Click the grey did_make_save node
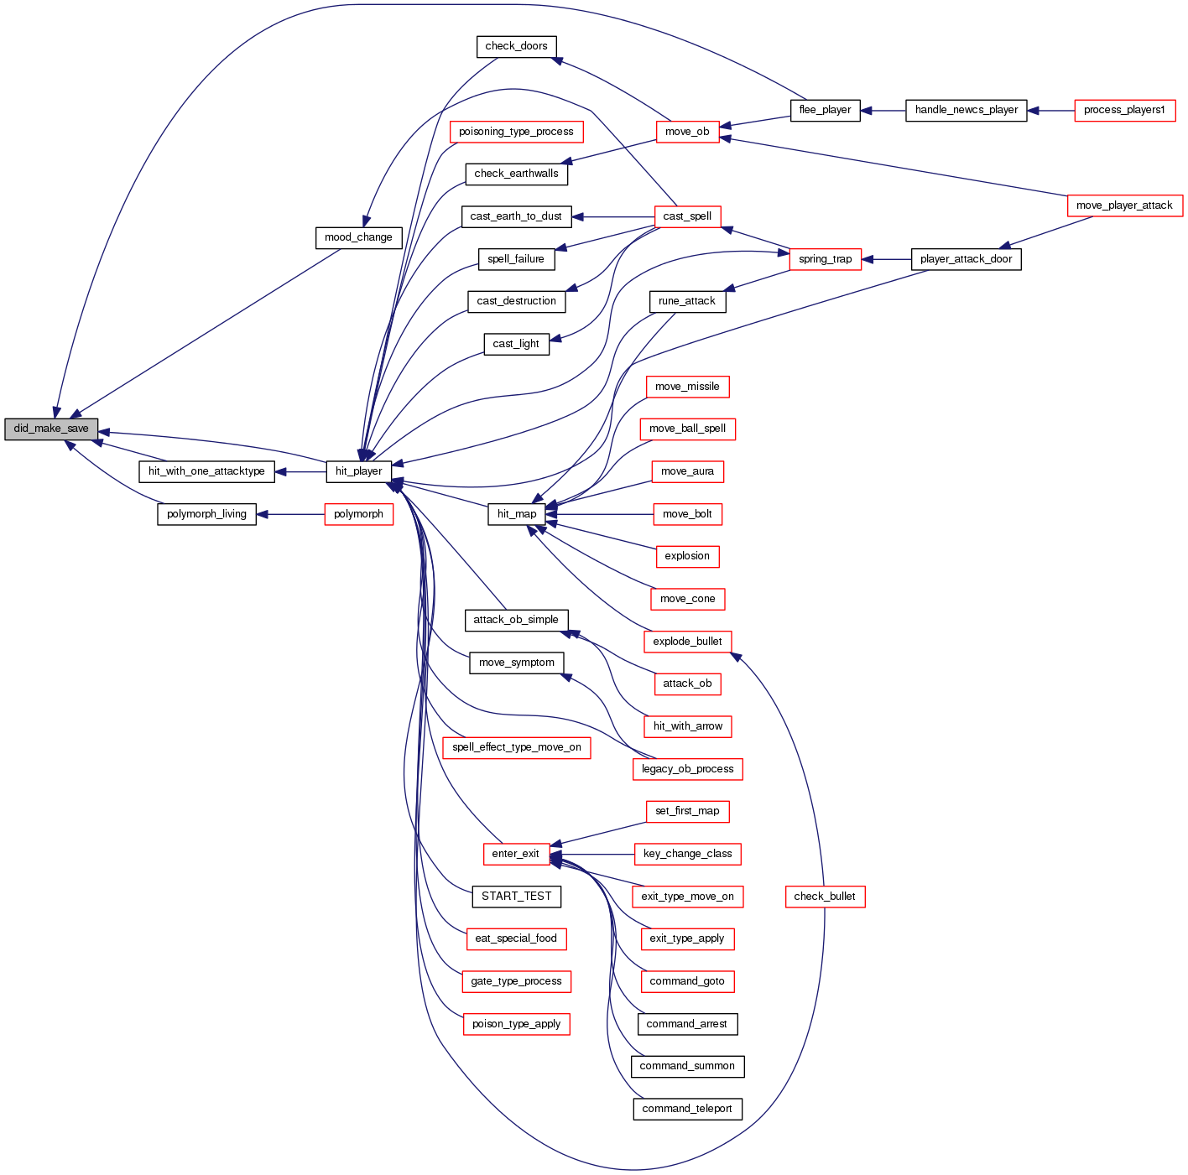[x=51, y=429]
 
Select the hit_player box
[x=358, y=471]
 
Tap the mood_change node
[x=358, y=237]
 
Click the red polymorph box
[x=358, y=514]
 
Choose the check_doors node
[x=516, y=46]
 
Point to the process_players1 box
[x=1124, y=110]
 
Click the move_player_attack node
[x=1124, y=205]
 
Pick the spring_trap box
[x=825, y=259]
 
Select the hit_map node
[x=517, y=514]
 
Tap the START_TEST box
[x=517, y=897]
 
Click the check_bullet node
[x=825, y=897]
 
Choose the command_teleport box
[x=687, y=1109]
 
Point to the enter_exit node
[x=516, y=854]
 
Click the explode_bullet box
[x=687, y=642]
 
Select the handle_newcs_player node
[x=967, y=110]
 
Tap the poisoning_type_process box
[x=516, y=132]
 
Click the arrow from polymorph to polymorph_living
[x=290, y=514]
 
